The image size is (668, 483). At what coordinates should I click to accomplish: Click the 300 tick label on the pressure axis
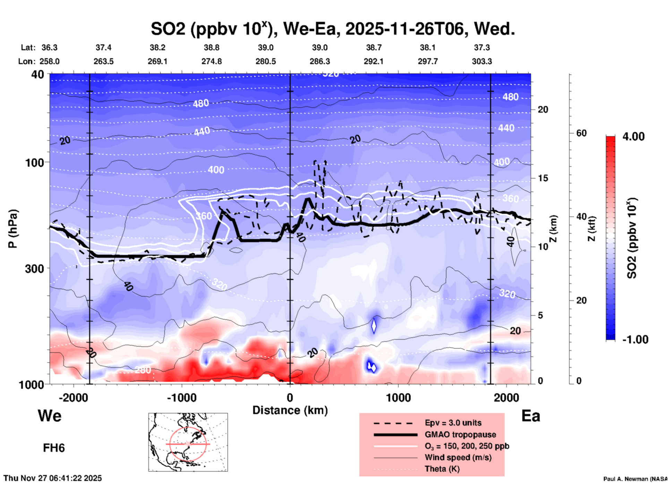(35, 269)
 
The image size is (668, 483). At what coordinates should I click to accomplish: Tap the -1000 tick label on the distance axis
(181, 397)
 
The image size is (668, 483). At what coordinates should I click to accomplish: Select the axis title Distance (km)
(290, 410)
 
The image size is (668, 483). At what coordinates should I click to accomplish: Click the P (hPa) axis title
(13, 229)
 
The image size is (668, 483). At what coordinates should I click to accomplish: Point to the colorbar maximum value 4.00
(633, 137)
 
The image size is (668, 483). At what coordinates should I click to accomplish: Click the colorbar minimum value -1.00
(635, 340)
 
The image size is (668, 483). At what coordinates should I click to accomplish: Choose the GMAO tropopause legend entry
(460, 434)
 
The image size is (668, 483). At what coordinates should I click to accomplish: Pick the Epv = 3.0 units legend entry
(453, 423)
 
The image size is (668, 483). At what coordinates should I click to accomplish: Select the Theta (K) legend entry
(442, 469)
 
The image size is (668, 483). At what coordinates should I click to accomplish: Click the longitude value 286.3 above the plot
(319, 61)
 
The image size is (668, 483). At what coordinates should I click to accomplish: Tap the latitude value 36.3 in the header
(49, 47)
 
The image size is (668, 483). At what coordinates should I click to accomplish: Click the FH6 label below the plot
(54, 448)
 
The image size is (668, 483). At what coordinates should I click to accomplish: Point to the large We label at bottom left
(50, 416)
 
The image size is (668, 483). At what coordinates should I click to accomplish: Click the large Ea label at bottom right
(531, 416)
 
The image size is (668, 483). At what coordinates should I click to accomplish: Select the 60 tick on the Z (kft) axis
(581, 133)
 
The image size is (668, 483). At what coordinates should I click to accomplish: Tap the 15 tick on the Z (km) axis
(543, 178)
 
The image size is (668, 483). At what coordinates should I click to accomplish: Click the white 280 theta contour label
(143, 370)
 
